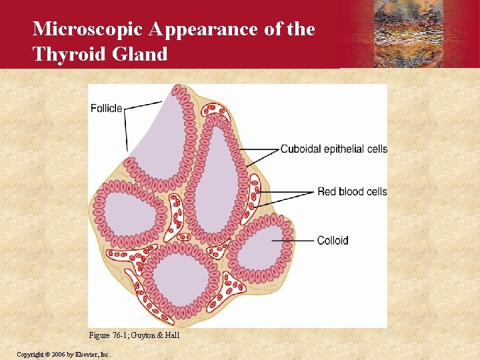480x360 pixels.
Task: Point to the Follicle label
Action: coord(106,107)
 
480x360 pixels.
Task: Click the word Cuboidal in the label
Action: coord(301,149)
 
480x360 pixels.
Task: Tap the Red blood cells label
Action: coord(351,192)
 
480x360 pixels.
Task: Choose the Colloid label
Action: coord(333,240)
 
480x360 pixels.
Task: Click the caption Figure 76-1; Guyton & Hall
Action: coord(134,335)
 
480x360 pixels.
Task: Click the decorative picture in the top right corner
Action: coord(409,34)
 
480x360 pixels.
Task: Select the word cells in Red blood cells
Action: coord(374,192)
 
